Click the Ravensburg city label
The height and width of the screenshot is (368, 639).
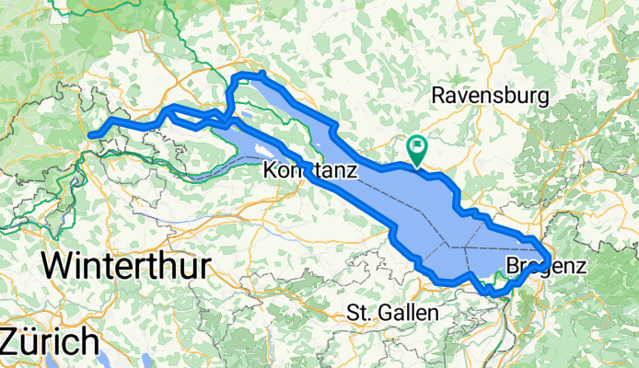[490, 96]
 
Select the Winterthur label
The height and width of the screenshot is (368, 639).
[126, 267]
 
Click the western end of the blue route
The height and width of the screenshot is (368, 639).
[92, 136]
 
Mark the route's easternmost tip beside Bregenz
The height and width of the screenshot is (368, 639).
[550, 257]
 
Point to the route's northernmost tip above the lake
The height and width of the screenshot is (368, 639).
[262, 74]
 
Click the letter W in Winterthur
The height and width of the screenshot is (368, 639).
[59, 267]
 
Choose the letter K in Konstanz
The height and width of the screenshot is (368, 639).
[271, 170]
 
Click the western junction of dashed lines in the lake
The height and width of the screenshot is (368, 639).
[451, 246]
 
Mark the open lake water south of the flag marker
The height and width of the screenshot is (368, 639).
[419, 198]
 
